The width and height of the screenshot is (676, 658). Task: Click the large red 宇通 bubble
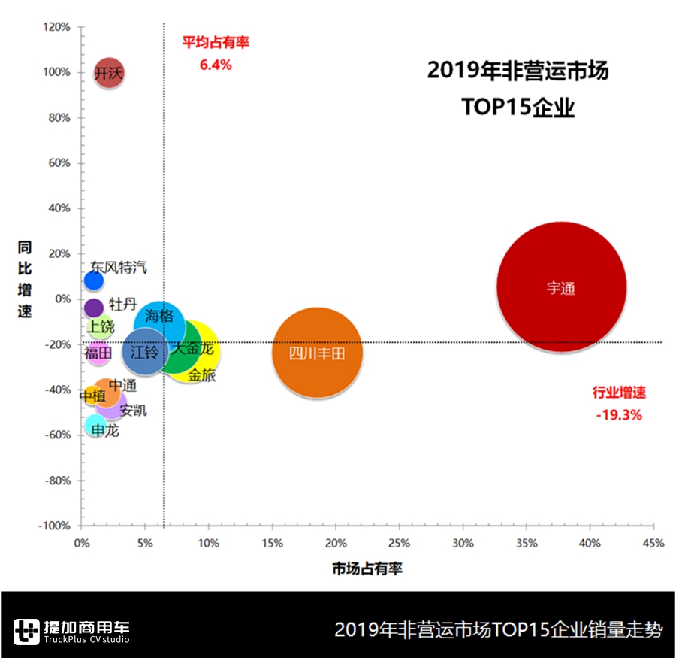(562, 287)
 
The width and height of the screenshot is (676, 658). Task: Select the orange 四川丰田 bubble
(317, 352)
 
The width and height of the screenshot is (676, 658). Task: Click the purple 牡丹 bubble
(93, 308)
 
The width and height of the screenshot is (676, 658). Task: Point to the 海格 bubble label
(159, 316)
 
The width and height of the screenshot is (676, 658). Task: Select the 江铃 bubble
(143, 351)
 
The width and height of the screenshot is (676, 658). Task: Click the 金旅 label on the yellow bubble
(201, 375)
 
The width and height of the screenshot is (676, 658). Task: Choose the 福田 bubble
(98, 353)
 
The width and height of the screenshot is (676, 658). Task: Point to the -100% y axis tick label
(54, 526)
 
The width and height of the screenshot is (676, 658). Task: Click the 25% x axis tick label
(400, 543)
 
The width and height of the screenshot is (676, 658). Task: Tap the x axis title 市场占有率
(367, 569)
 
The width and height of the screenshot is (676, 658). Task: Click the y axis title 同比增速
(25, 279)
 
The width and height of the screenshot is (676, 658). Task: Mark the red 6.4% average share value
(216, 65)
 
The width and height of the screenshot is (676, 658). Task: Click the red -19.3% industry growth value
(619, 414)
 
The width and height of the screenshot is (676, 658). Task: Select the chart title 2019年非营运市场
(518, 71)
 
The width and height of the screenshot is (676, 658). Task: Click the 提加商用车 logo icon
(26, 631)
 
